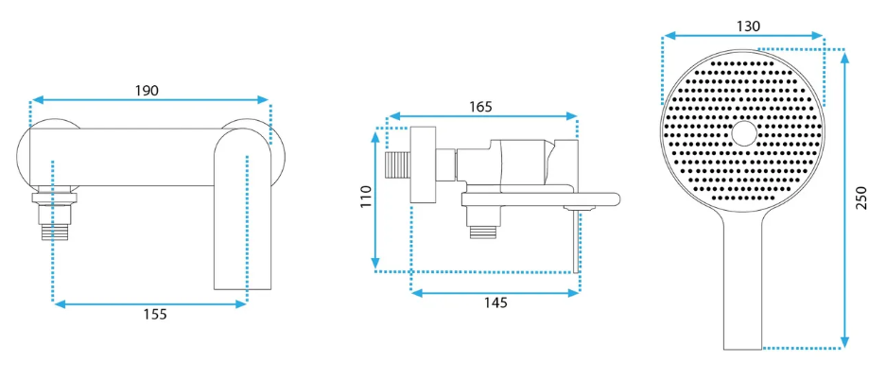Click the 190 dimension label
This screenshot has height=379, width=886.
click(147, 91)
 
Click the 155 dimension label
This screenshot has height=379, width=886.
click(155, 315)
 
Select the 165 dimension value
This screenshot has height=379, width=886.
click(481, 106)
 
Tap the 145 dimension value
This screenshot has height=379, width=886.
click(495, 302)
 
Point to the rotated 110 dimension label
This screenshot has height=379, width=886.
click(367, 197)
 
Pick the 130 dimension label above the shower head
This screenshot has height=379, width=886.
click(749, 26)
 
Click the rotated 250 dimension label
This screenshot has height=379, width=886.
click(861, 198)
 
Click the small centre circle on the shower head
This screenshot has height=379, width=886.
click(743, 134)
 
